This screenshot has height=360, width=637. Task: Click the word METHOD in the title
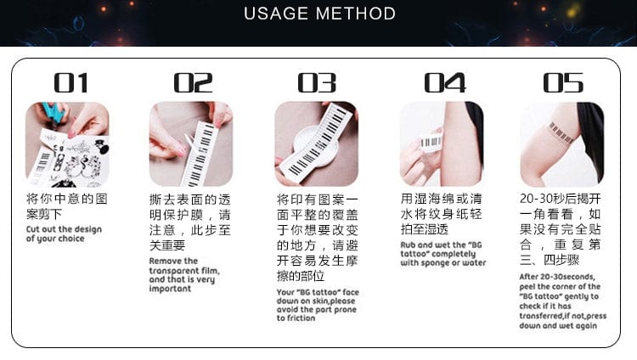tap(356, 14)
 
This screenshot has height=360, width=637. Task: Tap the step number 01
tap(70, 83)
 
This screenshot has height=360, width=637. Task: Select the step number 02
tap(193, 83)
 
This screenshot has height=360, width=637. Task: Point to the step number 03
tap(317, 83)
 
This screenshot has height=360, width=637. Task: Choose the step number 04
tap(445, 83)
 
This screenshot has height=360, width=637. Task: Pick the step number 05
tap(563, 83)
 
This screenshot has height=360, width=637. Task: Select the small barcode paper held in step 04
tap(431, 142)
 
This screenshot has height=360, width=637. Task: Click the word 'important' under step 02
tap(170, 289)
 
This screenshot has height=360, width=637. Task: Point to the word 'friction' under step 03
tap(302, 318)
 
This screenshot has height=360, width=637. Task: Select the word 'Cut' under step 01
tap(33, 229)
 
